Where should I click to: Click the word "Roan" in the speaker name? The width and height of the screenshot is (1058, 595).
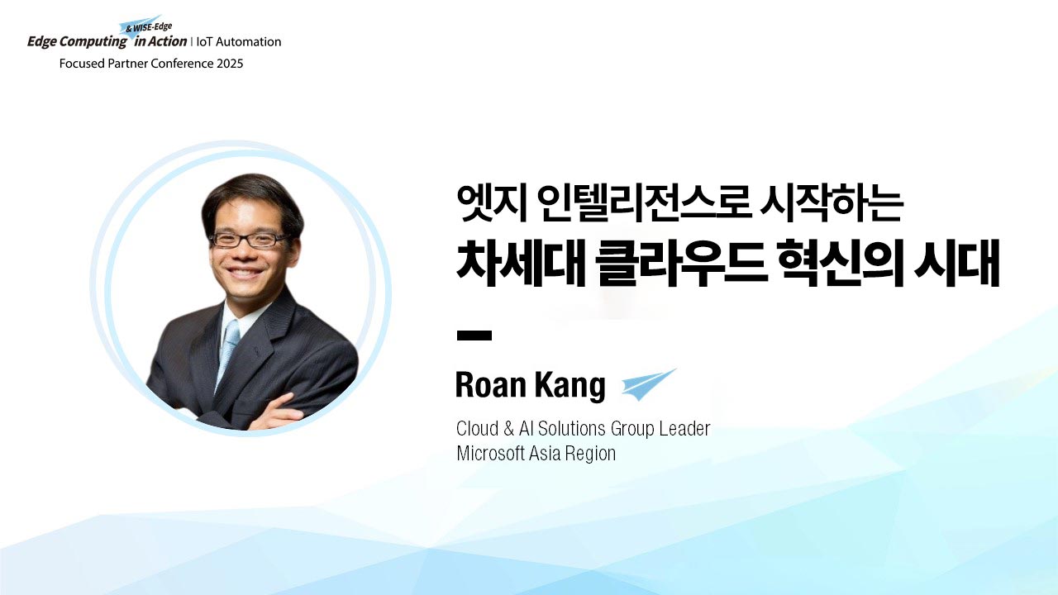click(x=491, y=385)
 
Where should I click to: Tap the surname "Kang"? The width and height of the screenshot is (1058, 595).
click(x=570, y=386)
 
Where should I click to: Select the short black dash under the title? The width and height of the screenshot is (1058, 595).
click(x=474, y=336)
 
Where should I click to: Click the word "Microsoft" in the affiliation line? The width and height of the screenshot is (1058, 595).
click(x=491, y=454)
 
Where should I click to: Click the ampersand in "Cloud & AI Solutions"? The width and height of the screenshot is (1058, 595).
click(x=508, y=429)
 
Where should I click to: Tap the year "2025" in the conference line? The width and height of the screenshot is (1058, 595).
click(x=230, y=64)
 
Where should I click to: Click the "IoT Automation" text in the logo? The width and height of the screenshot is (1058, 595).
click(x=239, y=42)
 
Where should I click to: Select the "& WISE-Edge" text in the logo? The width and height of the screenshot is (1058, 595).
click(x=149, y=27)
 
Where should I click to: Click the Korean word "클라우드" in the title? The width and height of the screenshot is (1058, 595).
click(x=681, y=263)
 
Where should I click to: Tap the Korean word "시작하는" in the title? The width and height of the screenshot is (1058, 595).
click(x=832, y=203)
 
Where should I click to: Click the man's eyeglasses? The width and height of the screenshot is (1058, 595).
click(x=249, y=240)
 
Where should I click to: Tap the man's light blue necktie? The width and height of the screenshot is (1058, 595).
click(x=228, y=350)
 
